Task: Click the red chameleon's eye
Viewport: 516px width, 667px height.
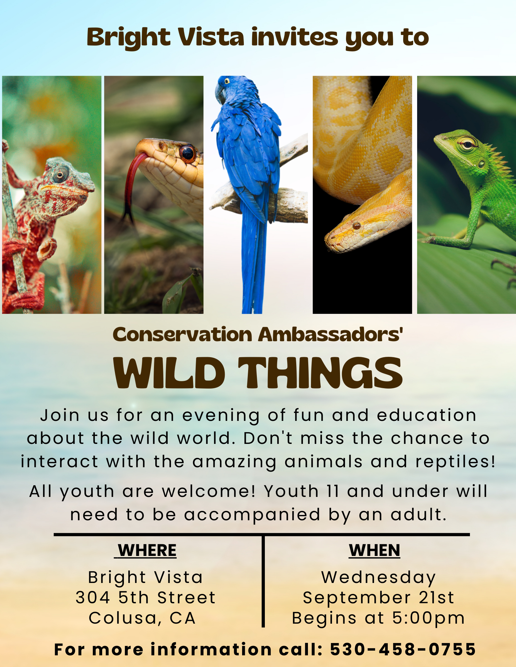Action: pyautogui.click(x=60, y=174)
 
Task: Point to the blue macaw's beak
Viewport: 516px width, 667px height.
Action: pyautogui.click(x=220, y=93)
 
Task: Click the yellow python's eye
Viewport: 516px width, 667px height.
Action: pyautogui.click(x=356, y=226)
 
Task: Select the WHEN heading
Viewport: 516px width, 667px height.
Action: pyautogui.click(x=374, y=550)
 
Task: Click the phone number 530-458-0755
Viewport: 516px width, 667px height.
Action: pyautogui.click(x=403, y=649)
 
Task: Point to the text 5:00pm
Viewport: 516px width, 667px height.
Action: pyautogui.click(x=428, y=618)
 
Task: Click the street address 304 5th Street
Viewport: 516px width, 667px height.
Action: pyautogui.click(x=146, y=598)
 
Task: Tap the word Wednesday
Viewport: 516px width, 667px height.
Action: pyautogui.click(x=378, y=577)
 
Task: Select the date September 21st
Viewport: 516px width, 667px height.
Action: pyautogui.click(x=378, y=598)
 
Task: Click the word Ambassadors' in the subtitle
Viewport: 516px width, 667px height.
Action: pyautogui.click(x=331, y=335)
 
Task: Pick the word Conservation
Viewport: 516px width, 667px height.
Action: pyautogui.click(x=182, y=335)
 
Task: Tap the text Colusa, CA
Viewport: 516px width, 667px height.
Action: pyautogui.click(x=142, y=618)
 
